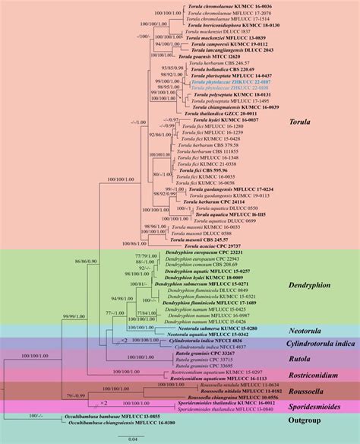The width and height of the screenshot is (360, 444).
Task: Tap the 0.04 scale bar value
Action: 133,438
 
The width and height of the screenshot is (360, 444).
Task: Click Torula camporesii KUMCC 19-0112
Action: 227,44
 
